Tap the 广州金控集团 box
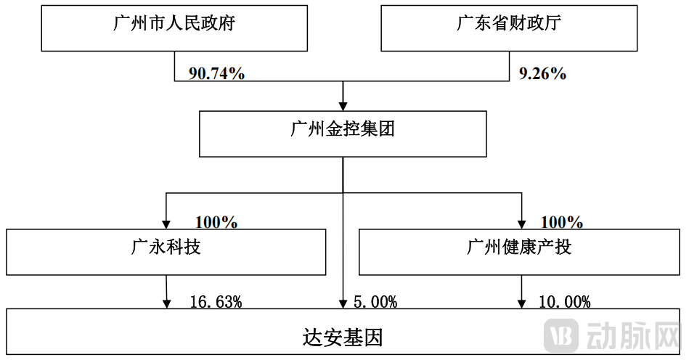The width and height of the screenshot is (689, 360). pos(343,134)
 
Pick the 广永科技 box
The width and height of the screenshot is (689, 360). pos(166,251)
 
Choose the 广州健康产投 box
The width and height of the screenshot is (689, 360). pos(519,251)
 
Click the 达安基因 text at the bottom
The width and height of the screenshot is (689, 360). pos(342,337)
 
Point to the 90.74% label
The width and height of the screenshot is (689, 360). pos(216,73)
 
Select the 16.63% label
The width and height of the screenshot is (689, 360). pos(216,302)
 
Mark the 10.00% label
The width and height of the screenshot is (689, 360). pos(564,302)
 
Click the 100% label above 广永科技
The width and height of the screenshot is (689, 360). pos(216,222)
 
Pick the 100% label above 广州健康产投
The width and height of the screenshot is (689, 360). pos(562,222)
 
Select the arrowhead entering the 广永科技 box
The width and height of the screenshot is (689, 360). pos(166,224)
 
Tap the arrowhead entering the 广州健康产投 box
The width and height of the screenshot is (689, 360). pos(521,224)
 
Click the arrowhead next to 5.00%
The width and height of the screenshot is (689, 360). pos(343,303)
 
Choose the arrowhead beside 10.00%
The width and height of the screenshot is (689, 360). pos(521,303)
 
